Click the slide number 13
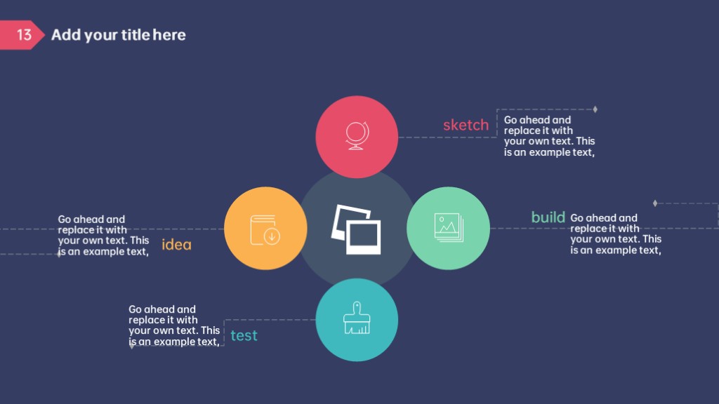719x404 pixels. pos(24,35)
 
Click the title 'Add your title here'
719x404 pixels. pos(118,35)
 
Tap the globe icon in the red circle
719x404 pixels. pos(357,135)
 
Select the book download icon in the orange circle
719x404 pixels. pos(265,229)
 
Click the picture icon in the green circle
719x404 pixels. pos(449,228)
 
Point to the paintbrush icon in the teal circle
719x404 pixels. pos(357,318)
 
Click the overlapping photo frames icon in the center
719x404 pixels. pos(356,229)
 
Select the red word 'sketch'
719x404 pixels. pos(466,125)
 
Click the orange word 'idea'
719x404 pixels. pos(176,245)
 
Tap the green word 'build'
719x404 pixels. pos(548,217)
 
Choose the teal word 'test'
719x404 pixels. pos(244,336)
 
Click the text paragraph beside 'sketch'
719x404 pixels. pos(549,136)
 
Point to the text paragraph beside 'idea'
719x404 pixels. pos(103,236)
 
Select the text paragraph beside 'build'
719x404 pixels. pos(615,234)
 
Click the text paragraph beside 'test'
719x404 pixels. pos(174,325)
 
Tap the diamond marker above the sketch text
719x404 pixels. pos(595,109)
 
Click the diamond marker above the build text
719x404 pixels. pos(655,203)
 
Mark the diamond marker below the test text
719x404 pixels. pos(132,346)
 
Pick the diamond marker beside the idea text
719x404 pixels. pos(59,254)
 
